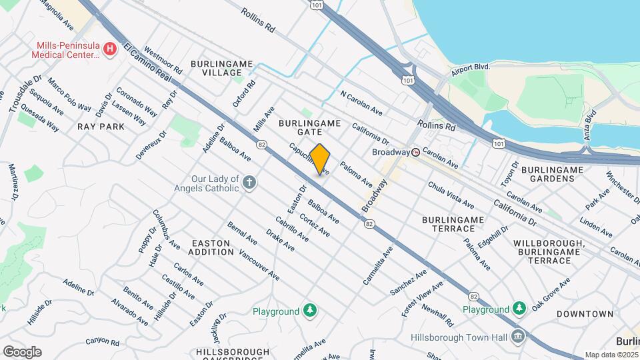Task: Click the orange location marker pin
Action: click(x=320, y=160)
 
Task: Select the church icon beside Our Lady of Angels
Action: click(x=249, y=183)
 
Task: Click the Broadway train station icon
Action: click(x=416, y=152)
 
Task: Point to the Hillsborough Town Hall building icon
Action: click(x=517, y=336)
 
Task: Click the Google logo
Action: click(x=22, y=351)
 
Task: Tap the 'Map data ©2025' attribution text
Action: click(x=611, y=355)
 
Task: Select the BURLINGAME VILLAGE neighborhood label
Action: click(x=221, y=68)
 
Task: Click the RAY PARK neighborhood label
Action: click(x=101, y=126)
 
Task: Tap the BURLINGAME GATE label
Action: click(x=310, y=128)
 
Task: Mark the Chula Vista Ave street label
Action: click(x=451, y=194)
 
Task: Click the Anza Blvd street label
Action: click(x=589, y=125)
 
